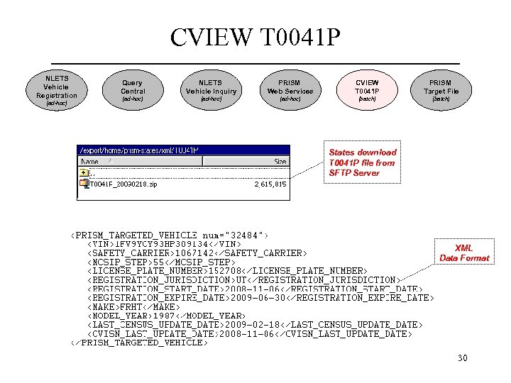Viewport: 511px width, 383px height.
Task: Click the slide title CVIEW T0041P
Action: coord(255,38)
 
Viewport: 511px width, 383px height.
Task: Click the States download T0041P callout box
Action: coord(363,162)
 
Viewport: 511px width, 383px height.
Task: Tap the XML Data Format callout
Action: coord(464,253)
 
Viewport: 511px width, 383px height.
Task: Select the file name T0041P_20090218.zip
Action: coord(123,184)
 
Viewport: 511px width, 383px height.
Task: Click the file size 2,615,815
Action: coord(270,184)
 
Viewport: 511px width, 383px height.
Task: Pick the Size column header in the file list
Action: coord(280,162)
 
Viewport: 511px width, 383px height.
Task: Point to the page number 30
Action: coord(462,358)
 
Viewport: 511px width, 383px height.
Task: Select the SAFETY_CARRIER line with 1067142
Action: coord(197,252)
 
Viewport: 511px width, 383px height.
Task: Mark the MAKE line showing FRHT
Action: coord(133,307)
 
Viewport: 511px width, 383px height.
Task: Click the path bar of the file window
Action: coord(183,150)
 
